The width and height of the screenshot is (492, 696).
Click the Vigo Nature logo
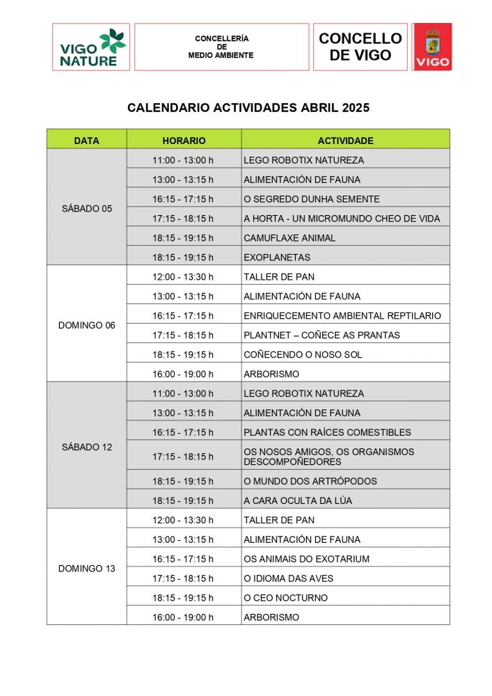pyautogui.click(x=91, y=47)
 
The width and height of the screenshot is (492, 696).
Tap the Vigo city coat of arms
pyautogui.click(x=432, y=47)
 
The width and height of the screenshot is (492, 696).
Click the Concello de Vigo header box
pyautogui.click(x=360, y=47)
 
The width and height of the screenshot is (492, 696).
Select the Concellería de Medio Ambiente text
pyautogui.click(x=221, y=47)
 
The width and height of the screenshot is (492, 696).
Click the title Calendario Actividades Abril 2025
pyautogui.click(x=248, y=108)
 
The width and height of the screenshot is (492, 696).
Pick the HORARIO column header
pyautogui.click(x=184, y=141)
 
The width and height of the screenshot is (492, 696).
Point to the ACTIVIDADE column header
pyautogui.click(x=345, y=141)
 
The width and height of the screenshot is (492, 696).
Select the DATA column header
pyautogui.click(x=86, y=141)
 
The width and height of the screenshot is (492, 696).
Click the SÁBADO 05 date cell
pyautogui.click(x=86, y=208)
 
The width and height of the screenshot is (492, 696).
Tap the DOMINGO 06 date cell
pyautogui.click(x=86, y=325)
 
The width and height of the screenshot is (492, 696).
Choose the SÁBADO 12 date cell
pyautogui.click(x=86, y=447)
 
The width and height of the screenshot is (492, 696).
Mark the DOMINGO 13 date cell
pyautogui.click(x=86, y=568)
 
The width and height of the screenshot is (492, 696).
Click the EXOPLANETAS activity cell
pyautogui.click(x=277, y=258)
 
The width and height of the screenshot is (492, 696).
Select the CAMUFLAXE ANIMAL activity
pyautogui.click(x=289, y=238)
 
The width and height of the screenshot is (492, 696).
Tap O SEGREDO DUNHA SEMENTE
pyautogui.click(x=312, y=199)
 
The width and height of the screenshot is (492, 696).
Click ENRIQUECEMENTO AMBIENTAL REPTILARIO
pyautogui.click(x=342, y=316)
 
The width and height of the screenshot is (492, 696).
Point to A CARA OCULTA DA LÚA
pyautogui.click(x=298, y=500)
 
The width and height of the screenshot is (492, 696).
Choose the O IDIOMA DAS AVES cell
pyautogui.click(x=288, y=578)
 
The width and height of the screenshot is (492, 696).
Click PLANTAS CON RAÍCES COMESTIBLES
pyautogui.click(x=327, y=432)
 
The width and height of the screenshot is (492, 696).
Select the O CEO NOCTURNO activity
pyautogui.click(x=285, y=598)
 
